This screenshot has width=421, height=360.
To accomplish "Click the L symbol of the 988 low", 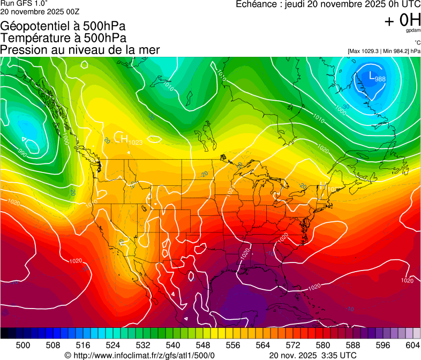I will click(372, 77).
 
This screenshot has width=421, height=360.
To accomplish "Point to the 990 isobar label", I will click(22, 152).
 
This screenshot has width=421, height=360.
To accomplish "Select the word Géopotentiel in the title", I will click(33, 27).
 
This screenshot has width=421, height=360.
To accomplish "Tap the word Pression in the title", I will click(22, 50).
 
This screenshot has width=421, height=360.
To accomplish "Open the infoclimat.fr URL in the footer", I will click(144, 355).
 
